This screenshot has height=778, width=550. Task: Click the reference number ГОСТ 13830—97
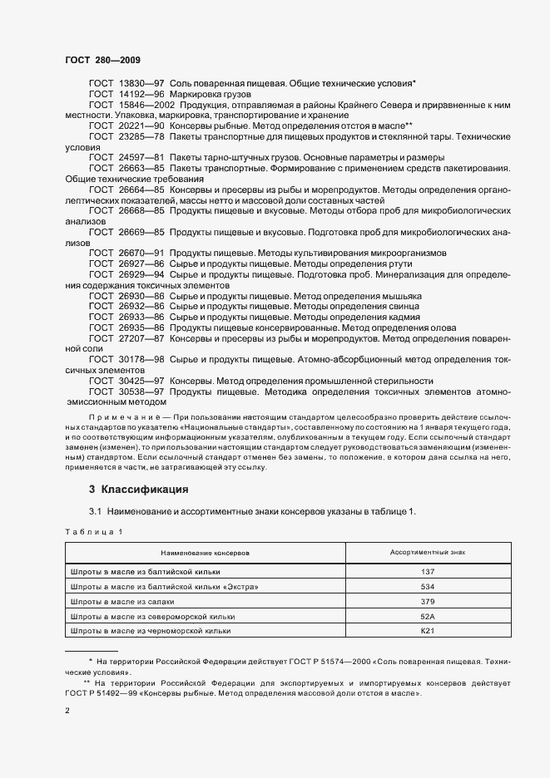(x=126, y=84)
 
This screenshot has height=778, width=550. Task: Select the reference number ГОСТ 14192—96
(x=126, y=95)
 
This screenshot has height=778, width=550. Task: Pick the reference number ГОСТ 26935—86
(x=126, y=328)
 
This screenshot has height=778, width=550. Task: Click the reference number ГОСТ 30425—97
(x=126, y=381)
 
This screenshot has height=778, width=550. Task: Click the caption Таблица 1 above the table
(x=93, y=530)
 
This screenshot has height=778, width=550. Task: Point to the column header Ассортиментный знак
(x=428, y=552)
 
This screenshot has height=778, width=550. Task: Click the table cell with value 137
(x=428, y=571)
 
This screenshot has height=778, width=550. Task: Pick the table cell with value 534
(x=428, y=586)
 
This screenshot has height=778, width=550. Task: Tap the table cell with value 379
(x=428, y=601)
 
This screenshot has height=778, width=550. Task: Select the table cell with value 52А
(x=428, y=616)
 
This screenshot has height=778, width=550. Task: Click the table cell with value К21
(x=428, y=631)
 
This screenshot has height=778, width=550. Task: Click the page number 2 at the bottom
(x=67, y=712)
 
